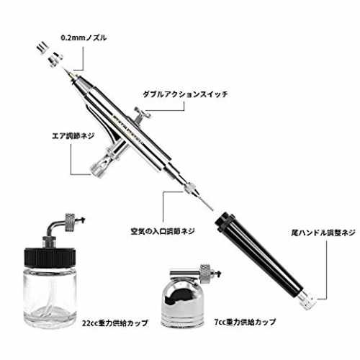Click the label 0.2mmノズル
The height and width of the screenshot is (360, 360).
[x=84, y=37]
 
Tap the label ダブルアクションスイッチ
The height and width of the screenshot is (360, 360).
[x=185, y=94]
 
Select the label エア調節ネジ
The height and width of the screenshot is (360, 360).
[x=73, y=136]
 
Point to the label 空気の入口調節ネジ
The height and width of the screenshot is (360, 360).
[x=163, y=231]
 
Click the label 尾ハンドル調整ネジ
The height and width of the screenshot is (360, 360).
[x=323, y=233]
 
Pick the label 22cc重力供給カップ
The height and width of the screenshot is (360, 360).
[x=114, y=323]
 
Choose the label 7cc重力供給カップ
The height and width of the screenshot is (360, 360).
[x=245, y=322]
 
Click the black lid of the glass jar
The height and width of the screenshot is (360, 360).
[x=50, y=257]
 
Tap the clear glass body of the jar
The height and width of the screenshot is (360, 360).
[x=50, y=297]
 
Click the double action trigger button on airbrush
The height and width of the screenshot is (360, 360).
[x=142, y=114]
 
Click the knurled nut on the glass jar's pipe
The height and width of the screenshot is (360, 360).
[x=70, y=222]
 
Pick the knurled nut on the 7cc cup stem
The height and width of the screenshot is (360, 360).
[x=206, y=273]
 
